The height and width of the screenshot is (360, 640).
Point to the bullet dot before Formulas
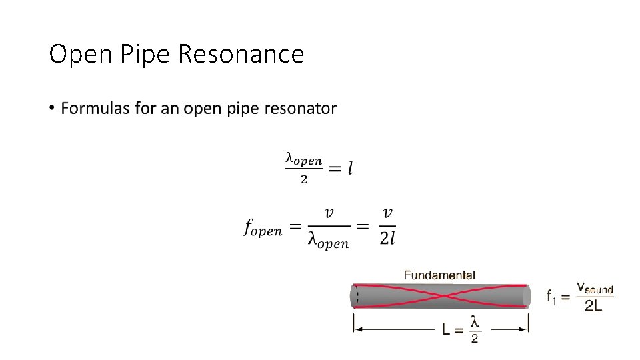[x=52, y=108]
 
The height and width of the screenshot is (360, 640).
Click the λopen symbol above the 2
[x=303, y=159]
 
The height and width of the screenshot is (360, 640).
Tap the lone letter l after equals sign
[x=350, y=169]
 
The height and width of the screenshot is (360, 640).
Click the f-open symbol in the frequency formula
[x=263, y=228]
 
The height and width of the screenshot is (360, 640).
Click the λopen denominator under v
[x=327, y=241]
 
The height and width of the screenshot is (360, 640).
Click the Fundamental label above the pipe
[x=439, y=275]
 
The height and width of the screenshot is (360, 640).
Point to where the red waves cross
[x=441, y=295]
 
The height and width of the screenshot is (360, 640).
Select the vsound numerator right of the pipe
[x=594, y=287]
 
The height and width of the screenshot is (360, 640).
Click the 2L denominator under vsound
[x=594, y=305]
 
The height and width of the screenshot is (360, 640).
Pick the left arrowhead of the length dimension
[x=358, y=329]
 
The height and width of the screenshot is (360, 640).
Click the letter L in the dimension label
[x=447, y=329]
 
